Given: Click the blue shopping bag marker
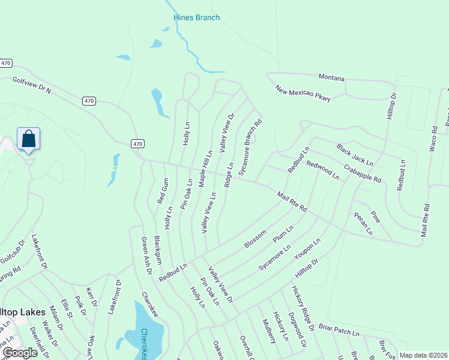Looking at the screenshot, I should point(29,140).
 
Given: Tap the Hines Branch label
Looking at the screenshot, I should point(196,17).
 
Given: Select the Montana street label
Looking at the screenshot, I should point(331,79).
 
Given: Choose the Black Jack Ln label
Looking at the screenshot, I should point(355,155).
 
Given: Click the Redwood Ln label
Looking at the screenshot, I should point(322,170).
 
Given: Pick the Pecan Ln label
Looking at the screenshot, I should point(363,223).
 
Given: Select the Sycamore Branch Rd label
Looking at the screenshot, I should point(250,148).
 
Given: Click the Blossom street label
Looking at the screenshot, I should point(255,238).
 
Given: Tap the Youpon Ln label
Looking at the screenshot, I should point(307,250).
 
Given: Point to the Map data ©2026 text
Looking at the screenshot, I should point(423,355).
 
